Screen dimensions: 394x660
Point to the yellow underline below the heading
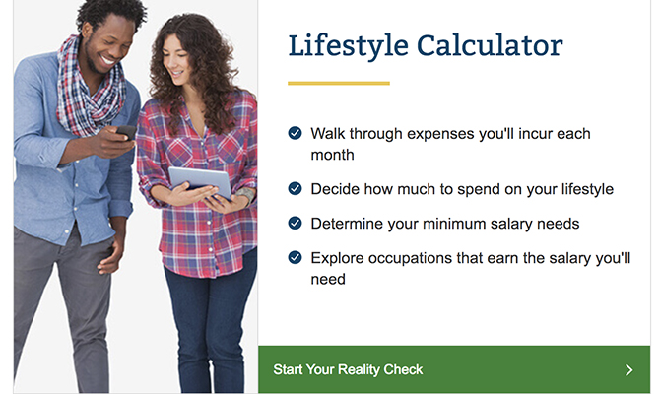(x=338, y=83)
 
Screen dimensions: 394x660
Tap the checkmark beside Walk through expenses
(x=295, y=133)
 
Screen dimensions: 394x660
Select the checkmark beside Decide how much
(x=295, y=188)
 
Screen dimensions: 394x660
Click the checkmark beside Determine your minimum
(x=295, y=223)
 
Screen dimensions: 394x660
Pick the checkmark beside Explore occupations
(x=295, y=257)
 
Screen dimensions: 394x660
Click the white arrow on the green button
(x=629, y=370)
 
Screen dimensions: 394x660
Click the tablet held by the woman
(x=199, y=180)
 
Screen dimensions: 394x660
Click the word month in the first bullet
(x=332, y=155)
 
